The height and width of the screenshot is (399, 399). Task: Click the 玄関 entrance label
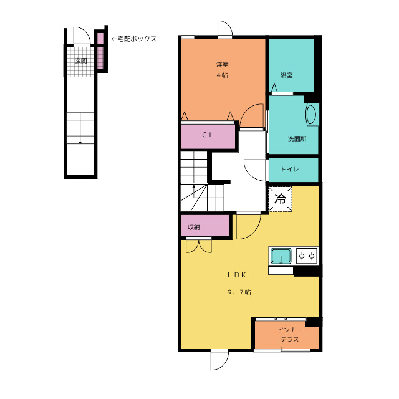(x=81, y=61)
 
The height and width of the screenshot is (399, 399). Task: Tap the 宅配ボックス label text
(x=137, y=39)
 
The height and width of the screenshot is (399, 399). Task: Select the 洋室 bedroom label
(x=223, y=64)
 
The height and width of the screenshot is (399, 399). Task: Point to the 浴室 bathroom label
(x=287, y=75)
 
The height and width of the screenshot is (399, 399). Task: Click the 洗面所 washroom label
(x=297, y=138)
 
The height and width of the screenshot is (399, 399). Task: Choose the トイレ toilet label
(x=289, y=169)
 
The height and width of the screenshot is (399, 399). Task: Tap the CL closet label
(x=208, y=135)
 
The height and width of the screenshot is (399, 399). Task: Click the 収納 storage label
(x=194, y=227)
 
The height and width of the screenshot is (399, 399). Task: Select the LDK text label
(x=237, y=275)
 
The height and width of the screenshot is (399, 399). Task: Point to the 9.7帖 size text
(x=239, y=292)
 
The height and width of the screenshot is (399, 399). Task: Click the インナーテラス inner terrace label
(x=289, y=335)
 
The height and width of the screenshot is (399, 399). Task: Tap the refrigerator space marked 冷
(x=280, y=199)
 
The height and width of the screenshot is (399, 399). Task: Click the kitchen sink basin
(x=281, y=256)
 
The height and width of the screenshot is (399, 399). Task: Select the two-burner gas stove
(x=307, y=256)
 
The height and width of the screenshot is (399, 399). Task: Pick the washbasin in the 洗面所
(x=312, y=114)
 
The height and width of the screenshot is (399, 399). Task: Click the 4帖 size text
(x=223, y=75)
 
